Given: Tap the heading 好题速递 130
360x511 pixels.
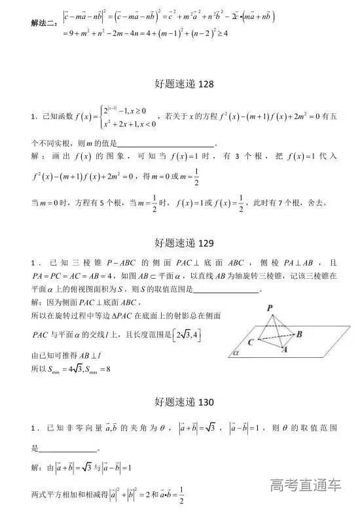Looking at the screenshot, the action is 179,401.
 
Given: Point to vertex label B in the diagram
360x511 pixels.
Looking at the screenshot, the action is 298,334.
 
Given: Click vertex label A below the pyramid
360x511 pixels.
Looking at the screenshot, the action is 284,350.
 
